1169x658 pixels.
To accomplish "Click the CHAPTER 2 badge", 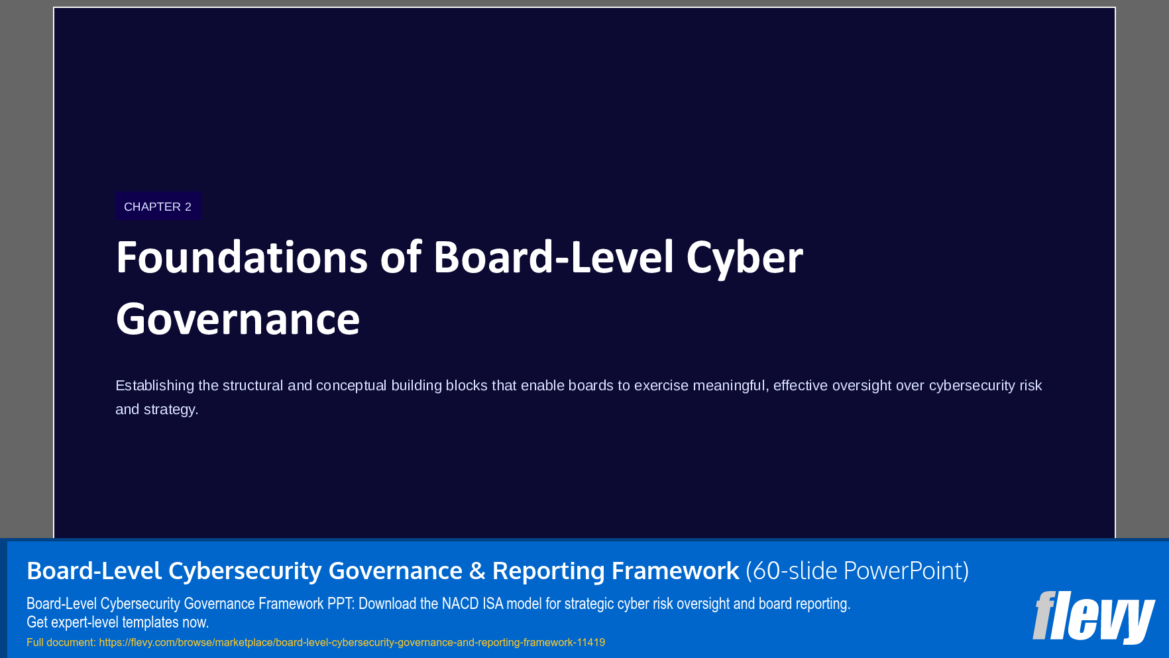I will point(158,207).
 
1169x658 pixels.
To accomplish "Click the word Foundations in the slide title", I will point(241,258).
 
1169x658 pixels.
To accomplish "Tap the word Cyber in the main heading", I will point(744,258).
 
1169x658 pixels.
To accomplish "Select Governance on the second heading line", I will point(237,319).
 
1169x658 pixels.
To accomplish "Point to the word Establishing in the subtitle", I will point(154,386).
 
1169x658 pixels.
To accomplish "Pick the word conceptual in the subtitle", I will point(351,386).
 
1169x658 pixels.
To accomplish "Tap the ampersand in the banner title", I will point(477,571).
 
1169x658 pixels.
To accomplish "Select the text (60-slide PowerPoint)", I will point(857,571).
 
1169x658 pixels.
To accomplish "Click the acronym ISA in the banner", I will point(492,604).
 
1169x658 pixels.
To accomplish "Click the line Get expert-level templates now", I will point(117,622).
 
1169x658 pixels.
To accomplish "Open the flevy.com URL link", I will point(352,642).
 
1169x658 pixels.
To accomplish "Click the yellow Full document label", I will point(61,642).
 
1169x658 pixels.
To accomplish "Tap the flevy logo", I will point(1093,616).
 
